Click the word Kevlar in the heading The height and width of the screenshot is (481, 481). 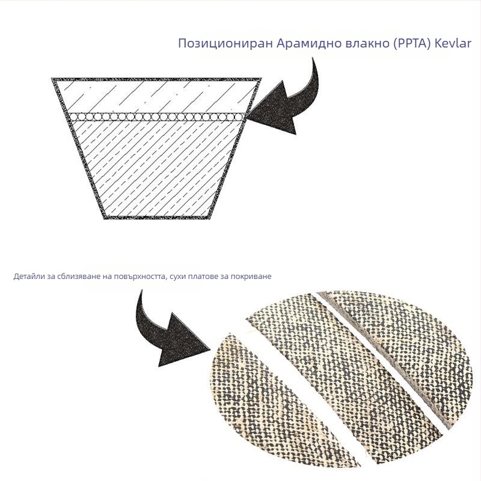[453, 43]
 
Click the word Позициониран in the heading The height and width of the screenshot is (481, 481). [225, 44]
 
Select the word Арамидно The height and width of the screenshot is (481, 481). [310, 44]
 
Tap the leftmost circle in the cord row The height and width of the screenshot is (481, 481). [72, 117]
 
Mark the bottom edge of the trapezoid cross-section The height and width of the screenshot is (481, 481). [157, 218]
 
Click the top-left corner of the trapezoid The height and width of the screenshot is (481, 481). [52, 79]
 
